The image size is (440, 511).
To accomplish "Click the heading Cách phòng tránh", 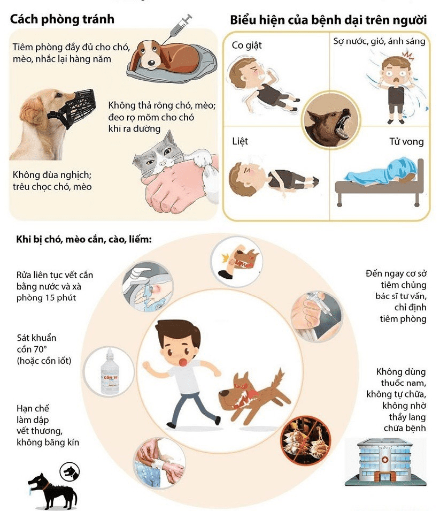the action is pyautogui.click(x=62, y=19).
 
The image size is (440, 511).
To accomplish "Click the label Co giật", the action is pyautogui.click(x=246, y=45).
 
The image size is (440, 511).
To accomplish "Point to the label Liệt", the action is pyautogui.click(x=240, y=141).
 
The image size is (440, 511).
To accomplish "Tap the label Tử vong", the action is pyautogui.click(x=406, y=141).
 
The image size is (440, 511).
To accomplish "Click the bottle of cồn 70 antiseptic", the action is pyautogui.click(x=110, y=372).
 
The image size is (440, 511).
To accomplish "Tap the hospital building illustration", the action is pyautogui.click(x=385, y=461).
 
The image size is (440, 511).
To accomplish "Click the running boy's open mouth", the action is pyautogui.click(x=183, y=362).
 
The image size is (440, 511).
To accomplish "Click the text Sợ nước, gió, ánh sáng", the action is pyautogui.click(x=379, y=41).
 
